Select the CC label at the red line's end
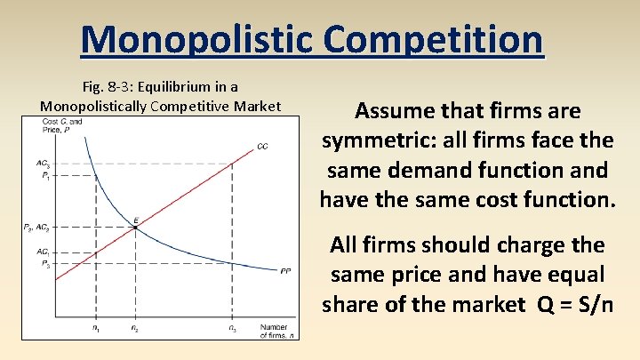pyautogui.click(x=262, y=146)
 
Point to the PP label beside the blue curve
pyautogui.click(x=285, y=270)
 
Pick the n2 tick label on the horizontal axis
pyautogui.click(x=134, y=329)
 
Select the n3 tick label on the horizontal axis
pyautogui.click(x=232, y=329)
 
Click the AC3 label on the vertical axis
pyautogui.click(x=43, y=163)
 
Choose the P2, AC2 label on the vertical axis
pyautogui.click(x=36, y=228)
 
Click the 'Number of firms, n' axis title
pyautogui.click(x=277, y=332)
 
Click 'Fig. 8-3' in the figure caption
pyautogui.click(x=106, y=88)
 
